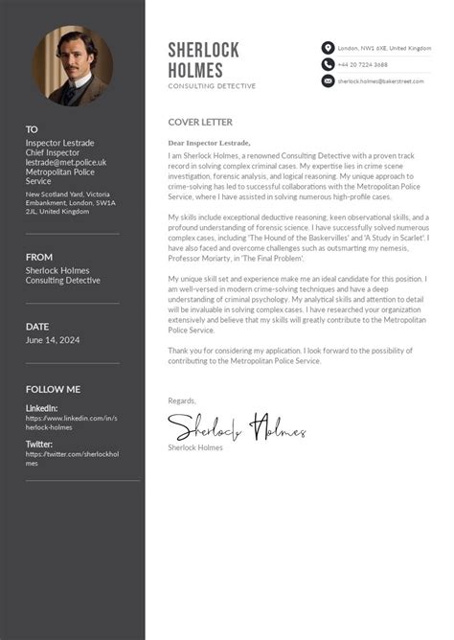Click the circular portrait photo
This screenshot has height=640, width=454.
73,65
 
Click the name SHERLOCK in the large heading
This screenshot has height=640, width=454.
203,50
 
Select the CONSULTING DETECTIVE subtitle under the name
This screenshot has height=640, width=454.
212,86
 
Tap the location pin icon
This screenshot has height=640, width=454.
328,48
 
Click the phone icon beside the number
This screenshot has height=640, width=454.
328,64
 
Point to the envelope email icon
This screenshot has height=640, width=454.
328,81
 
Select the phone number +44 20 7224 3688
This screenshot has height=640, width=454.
363,64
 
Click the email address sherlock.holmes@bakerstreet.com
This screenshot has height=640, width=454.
380,81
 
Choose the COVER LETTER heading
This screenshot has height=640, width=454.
199,123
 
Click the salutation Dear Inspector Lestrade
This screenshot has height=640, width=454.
209,143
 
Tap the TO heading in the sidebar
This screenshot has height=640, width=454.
32,129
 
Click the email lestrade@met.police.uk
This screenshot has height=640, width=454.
66,163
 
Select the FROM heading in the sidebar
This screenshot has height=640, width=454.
39,257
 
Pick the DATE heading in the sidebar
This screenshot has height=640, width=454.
37,327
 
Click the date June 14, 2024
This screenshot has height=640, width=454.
52,340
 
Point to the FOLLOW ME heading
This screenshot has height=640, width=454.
53,389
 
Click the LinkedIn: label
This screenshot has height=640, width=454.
41,408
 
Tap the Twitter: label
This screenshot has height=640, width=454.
39,445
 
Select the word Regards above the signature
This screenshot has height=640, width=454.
182,400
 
